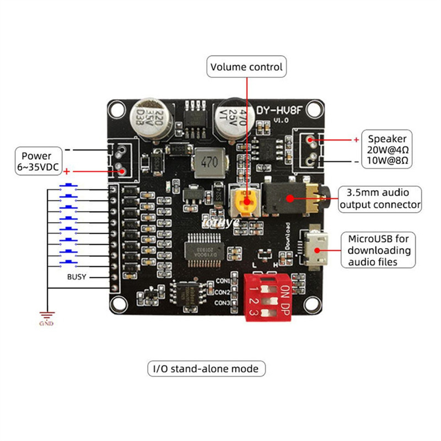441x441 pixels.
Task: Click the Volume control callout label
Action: click(246, 67)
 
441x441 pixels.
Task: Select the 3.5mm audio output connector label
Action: click(380, 199)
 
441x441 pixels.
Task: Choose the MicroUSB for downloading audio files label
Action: click(379, 250)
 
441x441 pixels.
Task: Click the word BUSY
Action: click(77, 277)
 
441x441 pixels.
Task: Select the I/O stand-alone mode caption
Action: click(206, 368)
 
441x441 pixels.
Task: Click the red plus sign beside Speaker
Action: click(355, 139)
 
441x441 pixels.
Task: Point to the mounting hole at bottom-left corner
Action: click(117, 302)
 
